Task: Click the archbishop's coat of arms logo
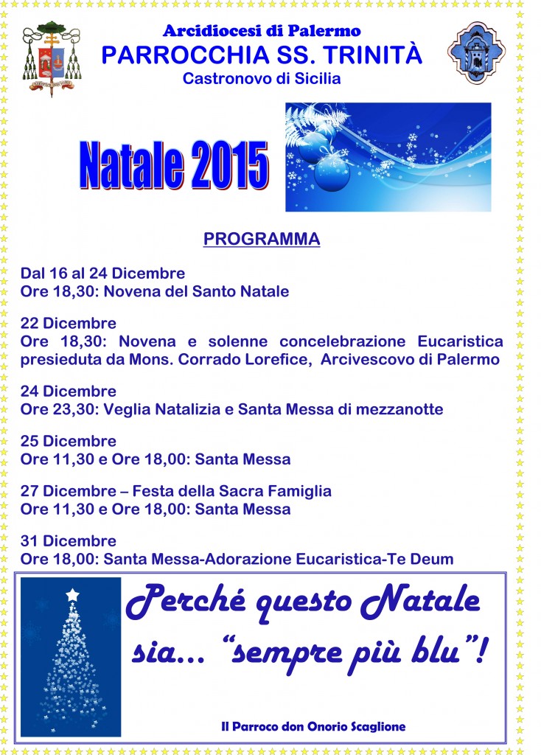pos(51,60)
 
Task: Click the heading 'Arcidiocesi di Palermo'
pos(262,31)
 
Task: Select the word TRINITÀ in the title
pos(380,54)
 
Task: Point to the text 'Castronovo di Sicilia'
pos(262,78)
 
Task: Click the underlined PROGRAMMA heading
pos(262,240)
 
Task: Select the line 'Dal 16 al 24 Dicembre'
pos(102,274)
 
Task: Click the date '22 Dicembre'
pos(69,324)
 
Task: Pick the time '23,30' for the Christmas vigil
pos(72,409)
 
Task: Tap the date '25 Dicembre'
pos(69,441)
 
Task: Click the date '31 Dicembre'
pos(69,541)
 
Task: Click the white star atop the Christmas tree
pos(72,594)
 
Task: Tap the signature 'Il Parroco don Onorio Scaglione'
pos(313,726)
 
